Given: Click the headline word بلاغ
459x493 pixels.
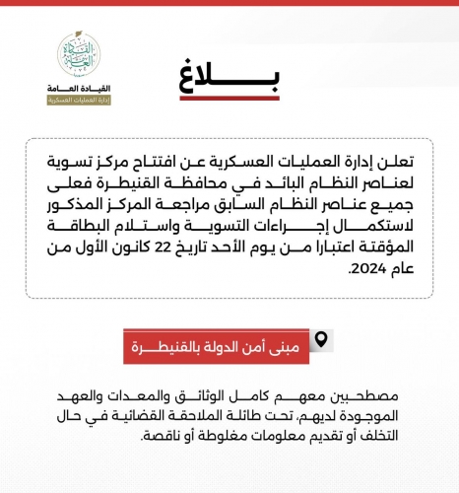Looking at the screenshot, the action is (229, 80).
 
